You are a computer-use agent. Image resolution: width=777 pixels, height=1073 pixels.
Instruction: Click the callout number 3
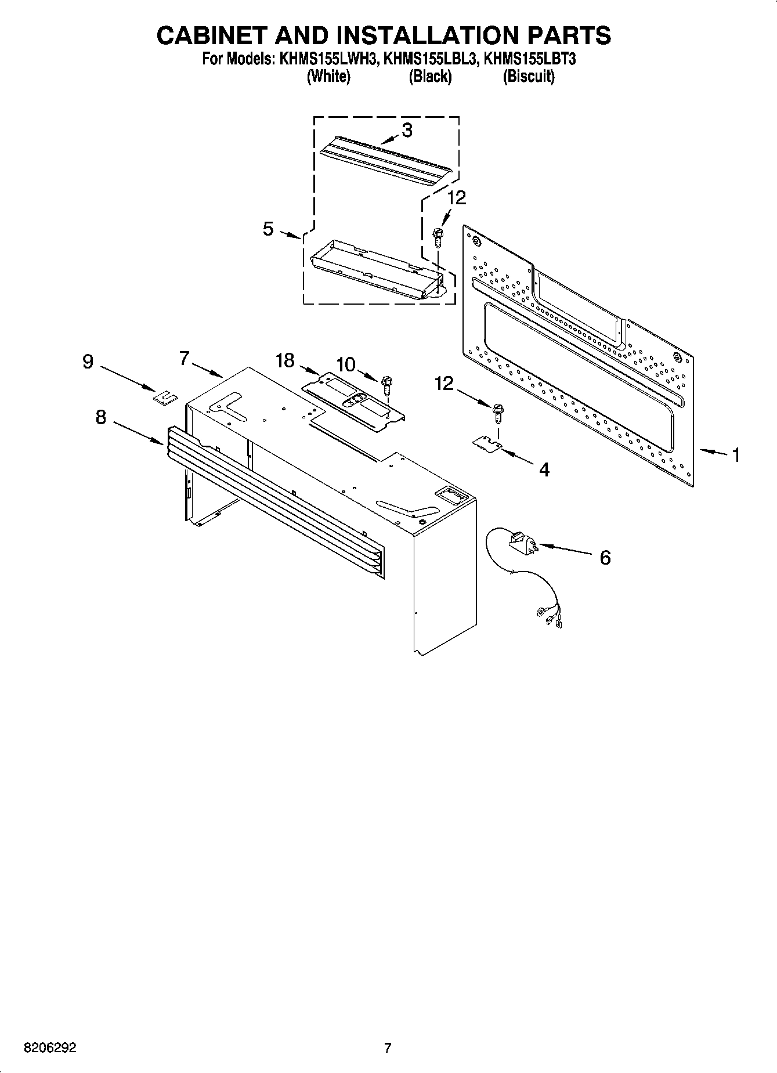(407, 131)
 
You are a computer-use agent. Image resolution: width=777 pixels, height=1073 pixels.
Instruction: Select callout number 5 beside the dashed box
(268, 229)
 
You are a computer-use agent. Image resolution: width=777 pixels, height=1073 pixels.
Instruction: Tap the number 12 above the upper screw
(456, 198)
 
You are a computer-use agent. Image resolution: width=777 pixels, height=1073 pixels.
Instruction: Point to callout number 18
(285, 360)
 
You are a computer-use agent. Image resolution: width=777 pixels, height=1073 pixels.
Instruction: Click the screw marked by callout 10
(387, 384)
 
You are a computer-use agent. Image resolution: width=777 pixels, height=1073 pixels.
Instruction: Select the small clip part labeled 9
(165, 397)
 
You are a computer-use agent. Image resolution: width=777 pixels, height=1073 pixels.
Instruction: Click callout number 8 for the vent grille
(101, 417)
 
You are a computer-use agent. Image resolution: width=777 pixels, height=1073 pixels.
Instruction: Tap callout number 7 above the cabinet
(184, 359)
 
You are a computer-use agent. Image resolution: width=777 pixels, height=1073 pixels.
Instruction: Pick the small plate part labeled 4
(487, 443)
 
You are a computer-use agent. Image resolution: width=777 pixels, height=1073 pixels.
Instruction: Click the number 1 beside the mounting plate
(735, 455)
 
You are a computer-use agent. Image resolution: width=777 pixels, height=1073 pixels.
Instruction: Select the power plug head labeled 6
(522, 544)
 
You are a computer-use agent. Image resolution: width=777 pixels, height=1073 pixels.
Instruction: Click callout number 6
(605, 558)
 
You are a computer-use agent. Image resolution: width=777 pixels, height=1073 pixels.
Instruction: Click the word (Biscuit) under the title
(528, 76)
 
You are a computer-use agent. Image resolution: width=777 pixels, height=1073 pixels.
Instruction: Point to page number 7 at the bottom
(388, 1048)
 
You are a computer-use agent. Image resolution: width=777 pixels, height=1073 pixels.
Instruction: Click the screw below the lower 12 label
(497, 412)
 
